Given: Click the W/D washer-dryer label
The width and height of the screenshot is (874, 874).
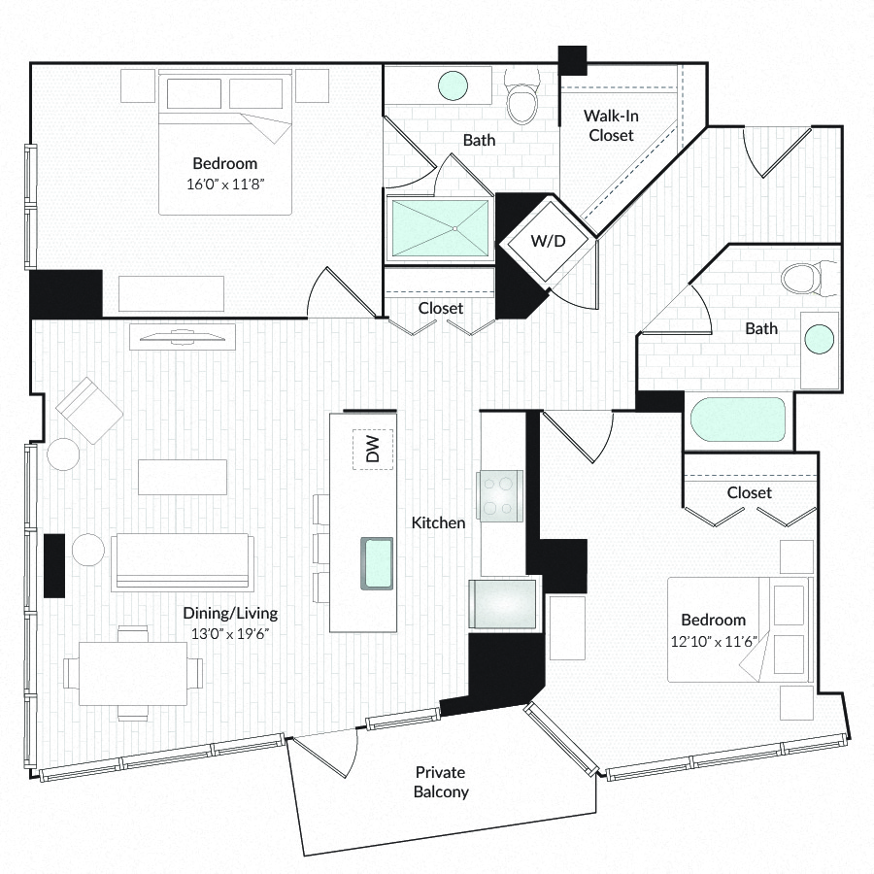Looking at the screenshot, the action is point(548,241).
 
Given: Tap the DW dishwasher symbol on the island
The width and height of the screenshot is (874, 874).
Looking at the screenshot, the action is point(372,450).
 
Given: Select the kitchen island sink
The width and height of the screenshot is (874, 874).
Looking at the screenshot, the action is point(377,563).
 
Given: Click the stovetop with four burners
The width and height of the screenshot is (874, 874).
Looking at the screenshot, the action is point(499,496).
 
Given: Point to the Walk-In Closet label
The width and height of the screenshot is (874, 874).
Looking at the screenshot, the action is point(611,125).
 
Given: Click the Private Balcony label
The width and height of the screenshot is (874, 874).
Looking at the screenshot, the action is point(440,782).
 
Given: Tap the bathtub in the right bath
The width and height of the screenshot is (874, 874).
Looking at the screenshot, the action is point(737,420).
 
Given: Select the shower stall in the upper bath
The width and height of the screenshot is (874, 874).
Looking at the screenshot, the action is point(440,228).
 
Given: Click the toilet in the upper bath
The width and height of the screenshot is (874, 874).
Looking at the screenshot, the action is point(521,96).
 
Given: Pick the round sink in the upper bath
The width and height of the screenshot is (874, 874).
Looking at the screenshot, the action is point(453,85).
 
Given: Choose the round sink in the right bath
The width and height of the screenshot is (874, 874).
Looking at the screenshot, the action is point(820,339).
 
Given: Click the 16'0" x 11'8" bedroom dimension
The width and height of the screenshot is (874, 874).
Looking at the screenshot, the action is point(224,184).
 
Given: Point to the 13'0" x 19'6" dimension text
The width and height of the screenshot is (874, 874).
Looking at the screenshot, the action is point(230,634).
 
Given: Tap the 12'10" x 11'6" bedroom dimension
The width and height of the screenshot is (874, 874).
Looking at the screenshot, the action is point(714,641).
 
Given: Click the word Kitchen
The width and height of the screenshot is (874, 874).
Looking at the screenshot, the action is point(438,522).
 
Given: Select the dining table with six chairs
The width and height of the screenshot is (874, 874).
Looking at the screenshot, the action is point(133,673).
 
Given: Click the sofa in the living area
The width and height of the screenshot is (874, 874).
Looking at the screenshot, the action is point(183,562).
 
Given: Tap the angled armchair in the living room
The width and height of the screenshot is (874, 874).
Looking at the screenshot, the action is point(89,410).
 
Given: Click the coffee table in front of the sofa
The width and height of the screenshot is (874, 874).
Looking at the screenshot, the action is point(183,477).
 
